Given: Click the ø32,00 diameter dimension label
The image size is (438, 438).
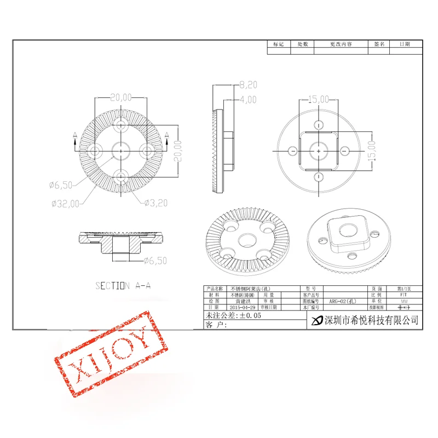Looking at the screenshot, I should pyautogui.click(x=65, y=203).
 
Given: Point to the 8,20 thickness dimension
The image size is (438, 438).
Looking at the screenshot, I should pyautogui.click(x=249, y=84).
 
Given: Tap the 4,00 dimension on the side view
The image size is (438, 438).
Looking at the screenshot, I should pyautogui.click(x=249, y=100).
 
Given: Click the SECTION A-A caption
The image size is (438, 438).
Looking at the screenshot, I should pyautogui.click(x=124, y=285).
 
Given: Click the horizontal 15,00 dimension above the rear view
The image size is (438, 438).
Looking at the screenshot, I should pyautogui.click(x=318, y=99).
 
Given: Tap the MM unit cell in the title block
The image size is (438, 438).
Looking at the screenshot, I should pyautogui.click(x=404, y=301).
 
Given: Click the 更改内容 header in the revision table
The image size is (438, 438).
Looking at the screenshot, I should pyautogui.click(x=341, y=44).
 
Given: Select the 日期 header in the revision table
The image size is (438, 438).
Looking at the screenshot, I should pyautogui.click(x=404, y=44).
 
